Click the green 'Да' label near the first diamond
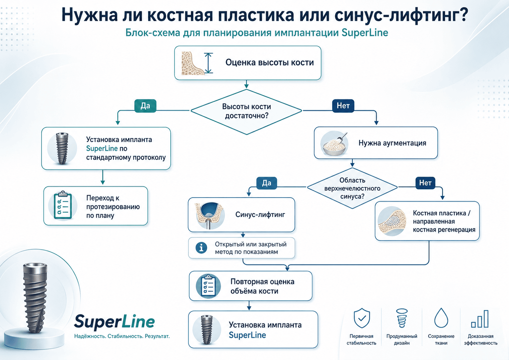pyautogui.click(x=145, y=106)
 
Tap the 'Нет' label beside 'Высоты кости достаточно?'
pyautogui.click(x=343, y=106)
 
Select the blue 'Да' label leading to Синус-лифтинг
pyautogui.click(x=267, y=183)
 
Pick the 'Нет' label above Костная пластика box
pyautogui.click(x=425, y=183)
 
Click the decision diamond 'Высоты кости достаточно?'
pyautogui.click(x=246, y=112)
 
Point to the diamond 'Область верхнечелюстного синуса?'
pyautogui.click(x=352, y=188)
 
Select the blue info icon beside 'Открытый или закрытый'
pyautogui.click(x=201, y=248)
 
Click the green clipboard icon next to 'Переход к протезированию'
pyautogui.click(x=63, y=205)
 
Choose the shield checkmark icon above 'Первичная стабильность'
pyautogui.click(x=362, y=318)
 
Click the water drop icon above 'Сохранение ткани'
pyautogui.click(x=441, y=318)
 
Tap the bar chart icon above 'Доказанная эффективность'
pyautogui.click(x=480, y=319)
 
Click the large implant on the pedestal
pyautogui.click(x=35, y=298)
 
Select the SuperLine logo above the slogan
pyautogui.click(x=114, y=322)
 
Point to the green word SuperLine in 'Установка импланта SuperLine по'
pyautogui.click(x=102, y=148)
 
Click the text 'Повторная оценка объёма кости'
pyautogui.click(x=263, y=286)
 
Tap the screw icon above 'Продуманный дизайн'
pyautogui.click(x=401, y=318)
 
